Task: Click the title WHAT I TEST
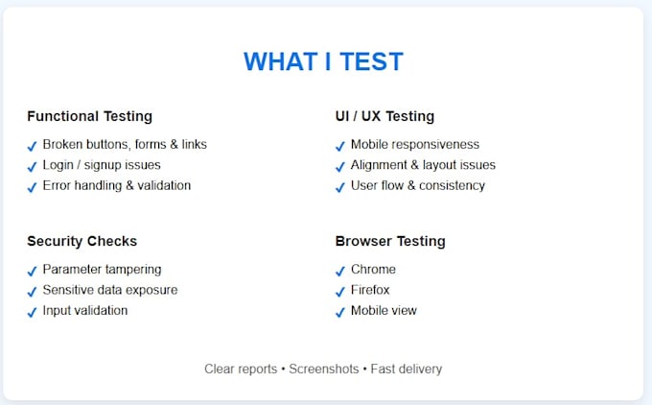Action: tap(323, 61)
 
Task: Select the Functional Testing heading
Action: tap(89, 116)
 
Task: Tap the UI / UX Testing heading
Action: tap(384, 116)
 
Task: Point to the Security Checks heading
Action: tap(81, 241)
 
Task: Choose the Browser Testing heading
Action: tap(390, 241)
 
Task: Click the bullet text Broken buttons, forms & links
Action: tap(125, 145)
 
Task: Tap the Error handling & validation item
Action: tap(116, 185)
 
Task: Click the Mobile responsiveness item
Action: tap(414, 145)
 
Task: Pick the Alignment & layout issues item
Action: tap(423, 165)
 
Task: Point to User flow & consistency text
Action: tap(417, 185)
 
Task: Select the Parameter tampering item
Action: tap(102, 270)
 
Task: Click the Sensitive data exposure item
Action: tap(109, 290)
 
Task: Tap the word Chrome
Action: tap(373, 270)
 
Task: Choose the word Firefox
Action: tap(370, 290)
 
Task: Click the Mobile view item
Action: tap(384, 311)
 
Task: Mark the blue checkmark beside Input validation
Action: tap(32, 312)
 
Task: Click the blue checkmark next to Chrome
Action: tap(340, 271)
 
